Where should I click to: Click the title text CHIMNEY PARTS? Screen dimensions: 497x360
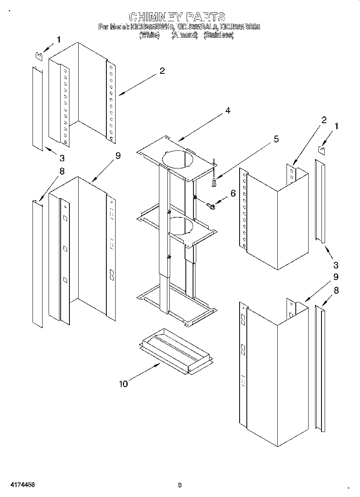point(177,17)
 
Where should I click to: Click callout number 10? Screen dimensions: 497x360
point(123,384)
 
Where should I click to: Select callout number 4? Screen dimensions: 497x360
point(228,111)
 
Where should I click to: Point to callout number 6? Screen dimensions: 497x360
point(233,193)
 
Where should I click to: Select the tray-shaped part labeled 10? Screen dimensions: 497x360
point(175,347)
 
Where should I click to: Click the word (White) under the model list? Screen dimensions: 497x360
point(149,35)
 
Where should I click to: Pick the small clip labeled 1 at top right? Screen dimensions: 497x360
point(321,150)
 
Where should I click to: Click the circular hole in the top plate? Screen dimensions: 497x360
point(177,158)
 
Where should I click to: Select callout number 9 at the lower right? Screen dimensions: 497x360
point(336,277)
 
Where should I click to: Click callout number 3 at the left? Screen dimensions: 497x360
point(62,157)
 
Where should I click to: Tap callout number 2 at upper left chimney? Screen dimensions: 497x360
point(162,71)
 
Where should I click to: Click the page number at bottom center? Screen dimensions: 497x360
point(180,485)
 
